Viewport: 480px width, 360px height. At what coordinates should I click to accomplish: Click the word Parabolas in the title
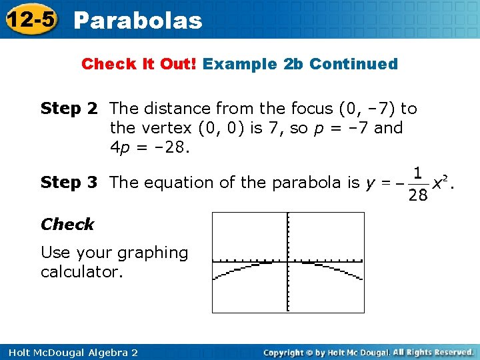tap(138, 21)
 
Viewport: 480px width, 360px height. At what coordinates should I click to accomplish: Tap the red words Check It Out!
tap(139, 65)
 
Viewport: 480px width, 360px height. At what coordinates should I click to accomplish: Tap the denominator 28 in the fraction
tap(417, 195)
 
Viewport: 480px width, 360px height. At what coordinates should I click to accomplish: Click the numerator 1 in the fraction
tap(417, 173)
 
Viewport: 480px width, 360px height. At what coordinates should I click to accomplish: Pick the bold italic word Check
tap(67, 225)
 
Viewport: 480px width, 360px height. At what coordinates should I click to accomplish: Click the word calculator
tap(82, 272)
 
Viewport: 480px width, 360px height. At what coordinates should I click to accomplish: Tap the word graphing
tap(153, 253)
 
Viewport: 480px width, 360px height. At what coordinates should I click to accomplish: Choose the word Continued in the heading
tap(353, 65)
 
